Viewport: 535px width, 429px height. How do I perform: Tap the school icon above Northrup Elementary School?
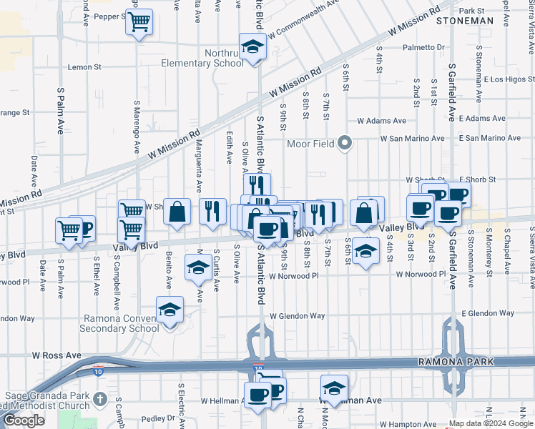pos(252,47)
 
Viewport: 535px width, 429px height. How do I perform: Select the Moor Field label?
pos(311,144)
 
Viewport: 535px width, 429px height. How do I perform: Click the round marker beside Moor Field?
pos(345,144)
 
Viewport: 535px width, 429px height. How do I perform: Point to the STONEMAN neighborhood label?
pos(466,21)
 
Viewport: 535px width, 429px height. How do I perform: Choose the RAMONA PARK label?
pos(456,363)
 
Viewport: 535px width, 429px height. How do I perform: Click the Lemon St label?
pos(85,67)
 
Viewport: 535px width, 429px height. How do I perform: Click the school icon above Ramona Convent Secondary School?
pos(170,310)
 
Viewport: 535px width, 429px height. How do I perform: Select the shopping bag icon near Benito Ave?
pos(177,212)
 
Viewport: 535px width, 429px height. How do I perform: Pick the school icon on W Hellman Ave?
pos(334,388)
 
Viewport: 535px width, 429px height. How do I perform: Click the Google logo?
pos(24,420)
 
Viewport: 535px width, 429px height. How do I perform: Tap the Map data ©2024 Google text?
pos(490,423)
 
